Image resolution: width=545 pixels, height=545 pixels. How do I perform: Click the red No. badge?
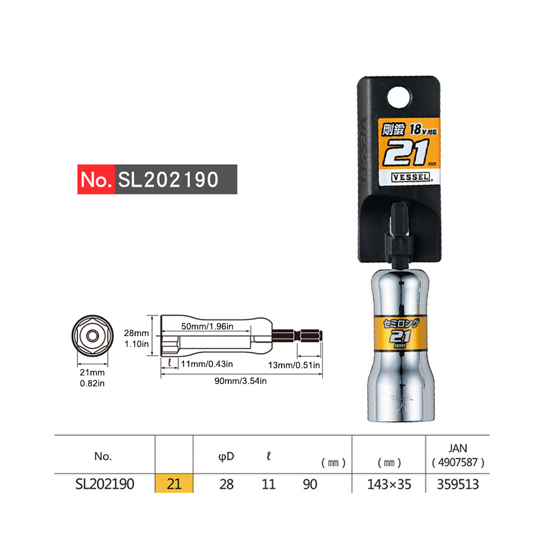tap(96, 179)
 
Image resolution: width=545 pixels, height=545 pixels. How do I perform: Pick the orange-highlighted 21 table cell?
tap(174, 484)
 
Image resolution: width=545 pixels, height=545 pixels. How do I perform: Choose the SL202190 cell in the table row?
tap(104, 484)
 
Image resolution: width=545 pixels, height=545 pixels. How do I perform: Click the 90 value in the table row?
tap(309, 484)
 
